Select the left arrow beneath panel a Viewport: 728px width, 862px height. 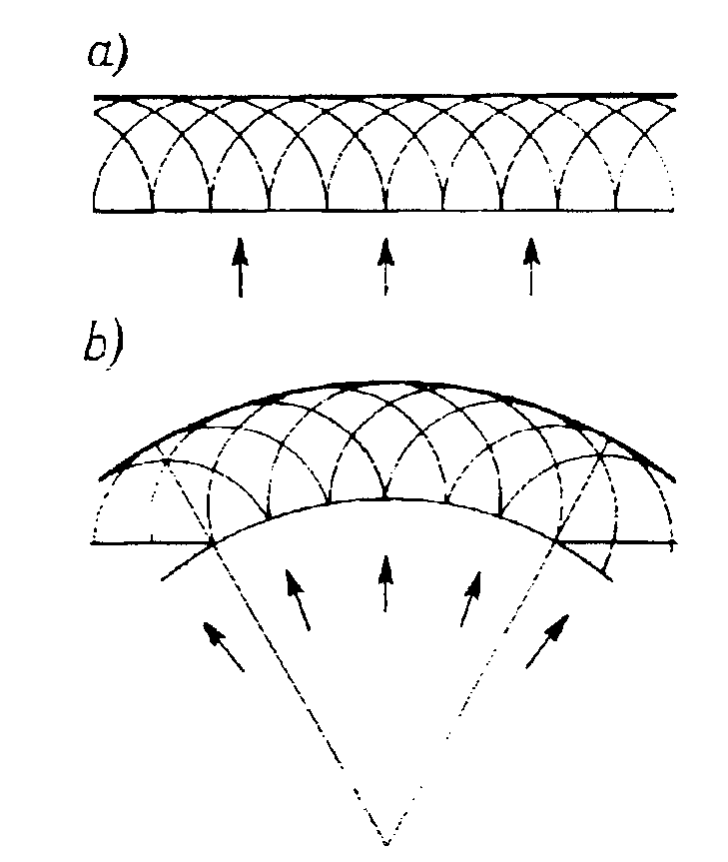pyautogui.click(x=239, y=266)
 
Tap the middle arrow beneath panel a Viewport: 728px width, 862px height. pyautogui.click(x=385, y=266)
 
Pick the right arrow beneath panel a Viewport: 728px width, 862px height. pyautogui.click(x=530, y=266)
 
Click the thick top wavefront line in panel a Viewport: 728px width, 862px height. pyautogui.click(x=385, y=96)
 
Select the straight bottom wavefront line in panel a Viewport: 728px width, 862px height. pyautogui.click(x=385, y=212)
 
